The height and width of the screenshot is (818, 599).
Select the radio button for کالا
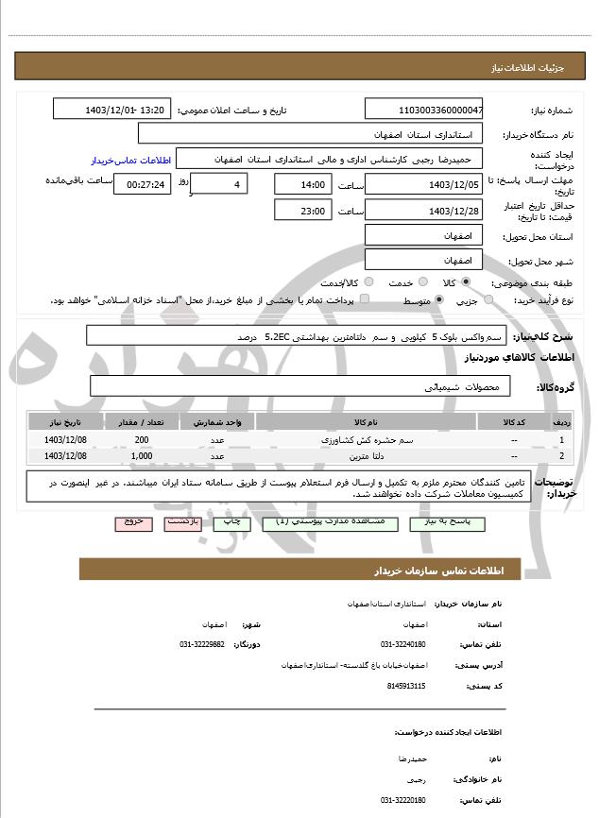[x=466, y=281]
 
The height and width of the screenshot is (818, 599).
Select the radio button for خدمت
[x=421, y=281]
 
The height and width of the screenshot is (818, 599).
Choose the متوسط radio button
[x=439, y=299]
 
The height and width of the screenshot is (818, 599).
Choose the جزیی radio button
[x=488, y=299]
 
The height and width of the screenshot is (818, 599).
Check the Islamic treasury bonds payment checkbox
[x=365, y=299]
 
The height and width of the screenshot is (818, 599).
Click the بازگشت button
[x=181, y=521]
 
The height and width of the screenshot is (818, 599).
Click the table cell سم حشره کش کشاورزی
[x=365, y=440]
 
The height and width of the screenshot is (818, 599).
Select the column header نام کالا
[x=365, y=421]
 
